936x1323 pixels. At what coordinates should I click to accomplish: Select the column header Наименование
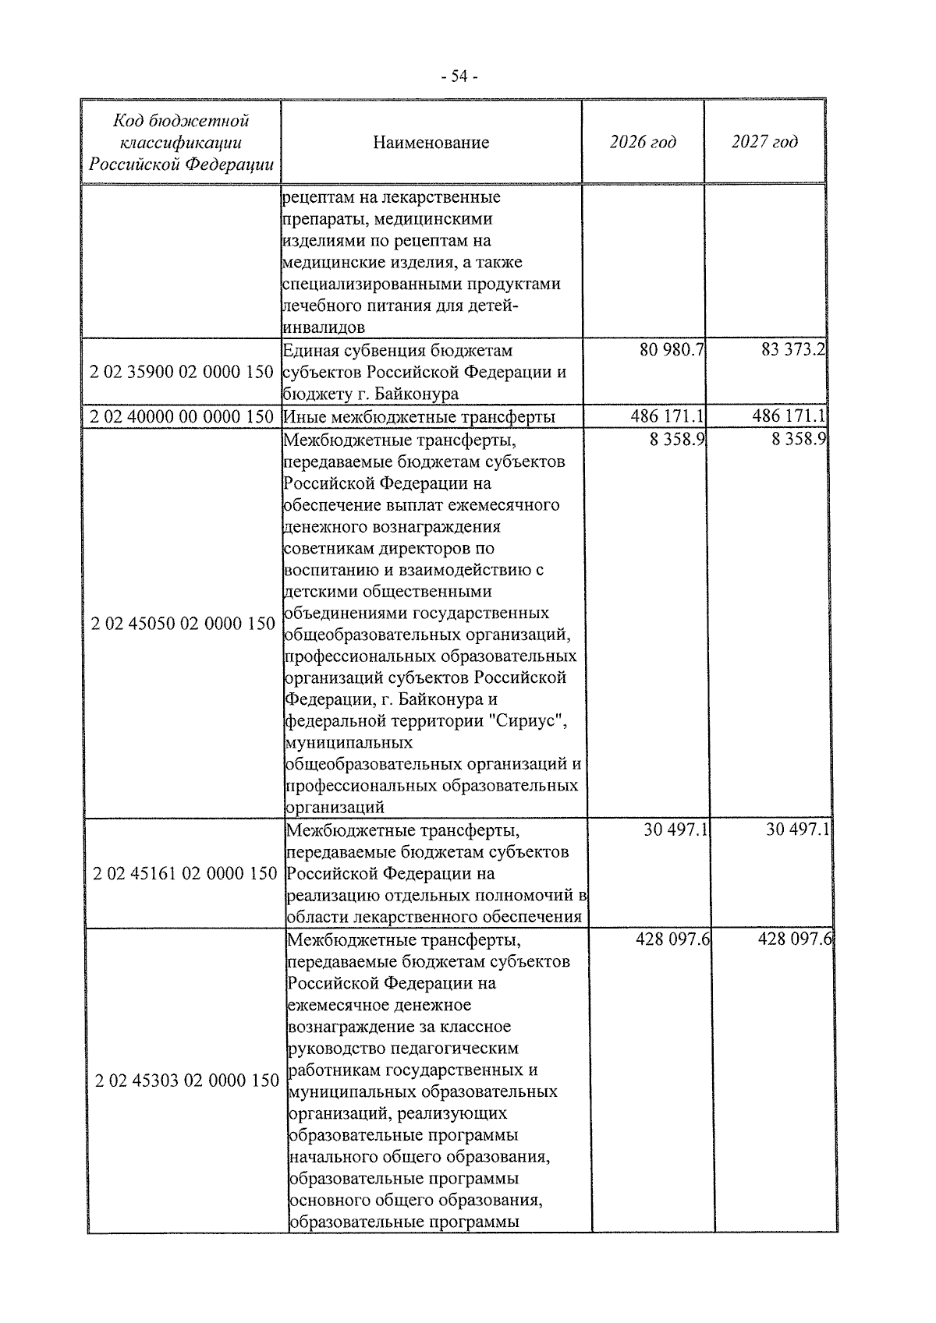pyautogui.click(x=431, y=143)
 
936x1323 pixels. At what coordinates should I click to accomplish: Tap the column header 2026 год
pyautogui.click(x=642, y=142)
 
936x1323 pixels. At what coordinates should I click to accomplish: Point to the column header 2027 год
pyautogui.click(x=764, y=142)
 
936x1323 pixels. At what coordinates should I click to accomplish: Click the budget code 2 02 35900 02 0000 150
pyautogui.click(x=181, y=372)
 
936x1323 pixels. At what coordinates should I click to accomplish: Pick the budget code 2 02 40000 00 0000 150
pyautogui.click(x=181, y=417)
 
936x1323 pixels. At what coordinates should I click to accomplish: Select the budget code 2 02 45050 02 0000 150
pyautogui.click(x=183, y=624)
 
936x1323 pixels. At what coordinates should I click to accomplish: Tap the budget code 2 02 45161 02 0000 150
pyautogui.click(x=184, y=873)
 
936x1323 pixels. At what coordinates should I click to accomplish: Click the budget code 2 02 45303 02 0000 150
pyautogui.click(x=186, y=1081)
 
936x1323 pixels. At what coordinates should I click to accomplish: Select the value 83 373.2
pyautogui.click(x=793, y=351)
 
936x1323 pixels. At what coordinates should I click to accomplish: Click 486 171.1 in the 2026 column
pyautogui.click(x=668, y=417)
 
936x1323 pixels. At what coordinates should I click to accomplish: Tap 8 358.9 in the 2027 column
pyautogui.click(x=799, y=440)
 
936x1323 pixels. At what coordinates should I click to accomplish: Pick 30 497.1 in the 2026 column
pyautogui.click(x=675, y=830)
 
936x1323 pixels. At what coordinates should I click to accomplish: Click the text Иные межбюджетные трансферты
pyautogui.click(x=419, y=417)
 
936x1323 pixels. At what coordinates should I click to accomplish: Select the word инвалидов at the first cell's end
pyautogui.click(x=322, y=327)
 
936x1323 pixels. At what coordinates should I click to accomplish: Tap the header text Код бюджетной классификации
pyautogui.click(x=181, y=132)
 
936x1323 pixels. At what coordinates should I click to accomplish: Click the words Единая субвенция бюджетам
pyautogui.click(x=397, y=351)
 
